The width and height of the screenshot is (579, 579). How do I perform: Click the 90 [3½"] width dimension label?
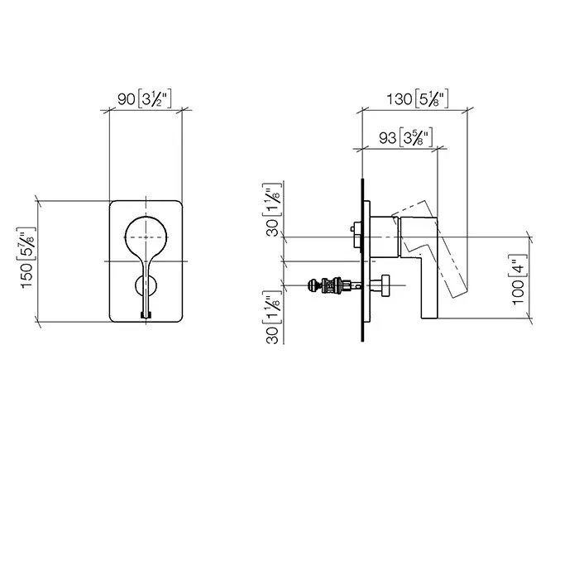pyautogui.click(x=145, y=99)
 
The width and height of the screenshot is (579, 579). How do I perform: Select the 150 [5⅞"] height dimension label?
pyautogui.click(x=26, y=258)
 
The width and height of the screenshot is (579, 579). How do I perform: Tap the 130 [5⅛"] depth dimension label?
pyautogui.click(x=417, y=99)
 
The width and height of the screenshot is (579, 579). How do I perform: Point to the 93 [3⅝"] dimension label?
pyautogui.click(x=406, y=138)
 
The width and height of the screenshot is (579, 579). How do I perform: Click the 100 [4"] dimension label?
pyautogui.click(x=519, y=280)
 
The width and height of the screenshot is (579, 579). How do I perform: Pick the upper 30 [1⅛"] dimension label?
pyautogui.click(x=272, y=209)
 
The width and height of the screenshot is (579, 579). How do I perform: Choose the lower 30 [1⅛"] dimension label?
pyautogui.click(x=272, y=317)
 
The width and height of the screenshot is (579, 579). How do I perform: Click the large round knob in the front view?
pyautogui.click(x=146, y=237)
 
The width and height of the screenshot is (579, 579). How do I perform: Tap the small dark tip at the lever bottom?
pyautogui.click(x=146, y=315)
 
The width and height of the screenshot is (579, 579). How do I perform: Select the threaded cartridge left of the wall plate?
pyautogui.click(x=330, y=285)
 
